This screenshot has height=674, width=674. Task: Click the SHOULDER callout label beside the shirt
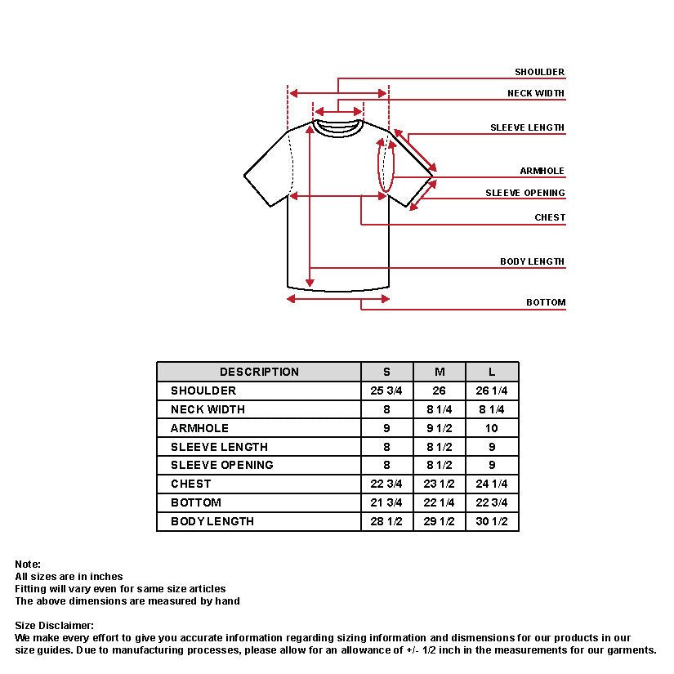[x=539, y=73]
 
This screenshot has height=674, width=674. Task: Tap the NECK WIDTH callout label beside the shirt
[x=536, y=93]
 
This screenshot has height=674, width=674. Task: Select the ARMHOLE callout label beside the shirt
[x=542, y=172]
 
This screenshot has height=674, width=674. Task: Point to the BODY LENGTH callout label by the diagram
[x=532, y=262]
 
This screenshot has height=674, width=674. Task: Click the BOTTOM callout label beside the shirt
[x=545, y=303]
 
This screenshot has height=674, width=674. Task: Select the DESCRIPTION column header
[x=259, y=372]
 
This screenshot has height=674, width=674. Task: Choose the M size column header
[x=440, y=372]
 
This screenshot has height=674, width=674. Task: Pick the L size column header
[x=492, y=372]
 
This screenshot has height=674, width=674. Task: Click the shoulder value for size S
[x=386, y=391]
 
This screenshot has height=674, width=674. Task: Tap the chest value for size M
[x=440, y=484]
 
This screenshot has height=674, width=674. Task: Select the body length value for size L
[x=492, y=521]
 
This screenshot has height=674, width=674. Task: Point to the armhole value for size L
[x=492, y=428]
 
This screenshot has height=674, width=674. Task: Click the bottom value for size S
[x=386, y=502]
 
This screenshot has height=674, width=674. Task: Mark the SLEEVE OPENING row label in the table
[x=221, y=465]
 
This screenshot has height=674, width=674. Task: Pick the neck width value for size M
[x=440, y=409]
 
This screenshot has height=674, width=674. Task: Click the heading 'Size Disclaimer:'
[x=54, y=626]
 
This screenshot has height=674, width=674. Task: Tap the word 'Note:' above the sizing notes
[x=28, y=565]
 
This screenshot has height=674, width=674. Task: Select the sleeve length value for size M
[x=440, y=447]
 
